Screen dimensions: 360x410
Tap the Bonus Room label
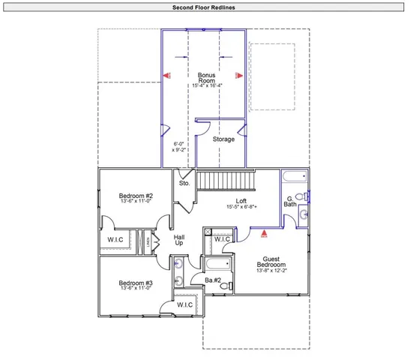[206, 78]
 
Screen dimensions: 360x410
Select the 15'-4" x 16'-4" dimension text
[206, 85]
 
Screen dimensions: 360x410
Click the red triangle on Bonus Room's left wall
[168, 75]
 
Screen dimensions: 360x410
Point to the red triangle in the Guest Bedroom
[263, 233]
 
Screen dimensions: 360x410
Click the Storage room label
[223, 139]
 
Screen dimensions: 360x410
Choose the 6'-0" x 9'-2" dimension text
[178, 146]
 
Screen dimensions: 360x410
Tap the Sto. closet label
[184, 183]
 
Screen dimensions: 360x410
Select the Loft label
[241, 201]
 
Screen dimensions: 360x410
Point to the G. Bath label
[290, 201]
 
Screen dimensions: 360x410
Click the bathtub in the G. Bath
[293, 178]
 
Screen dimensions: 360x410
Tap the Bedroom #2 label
[136, 196]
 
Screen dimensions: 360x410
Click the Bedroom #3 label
[136, 283]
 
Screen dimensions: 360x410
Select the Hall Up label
[179, 240]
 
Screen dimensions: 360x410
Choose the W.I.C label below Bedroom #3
[184, 305]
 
